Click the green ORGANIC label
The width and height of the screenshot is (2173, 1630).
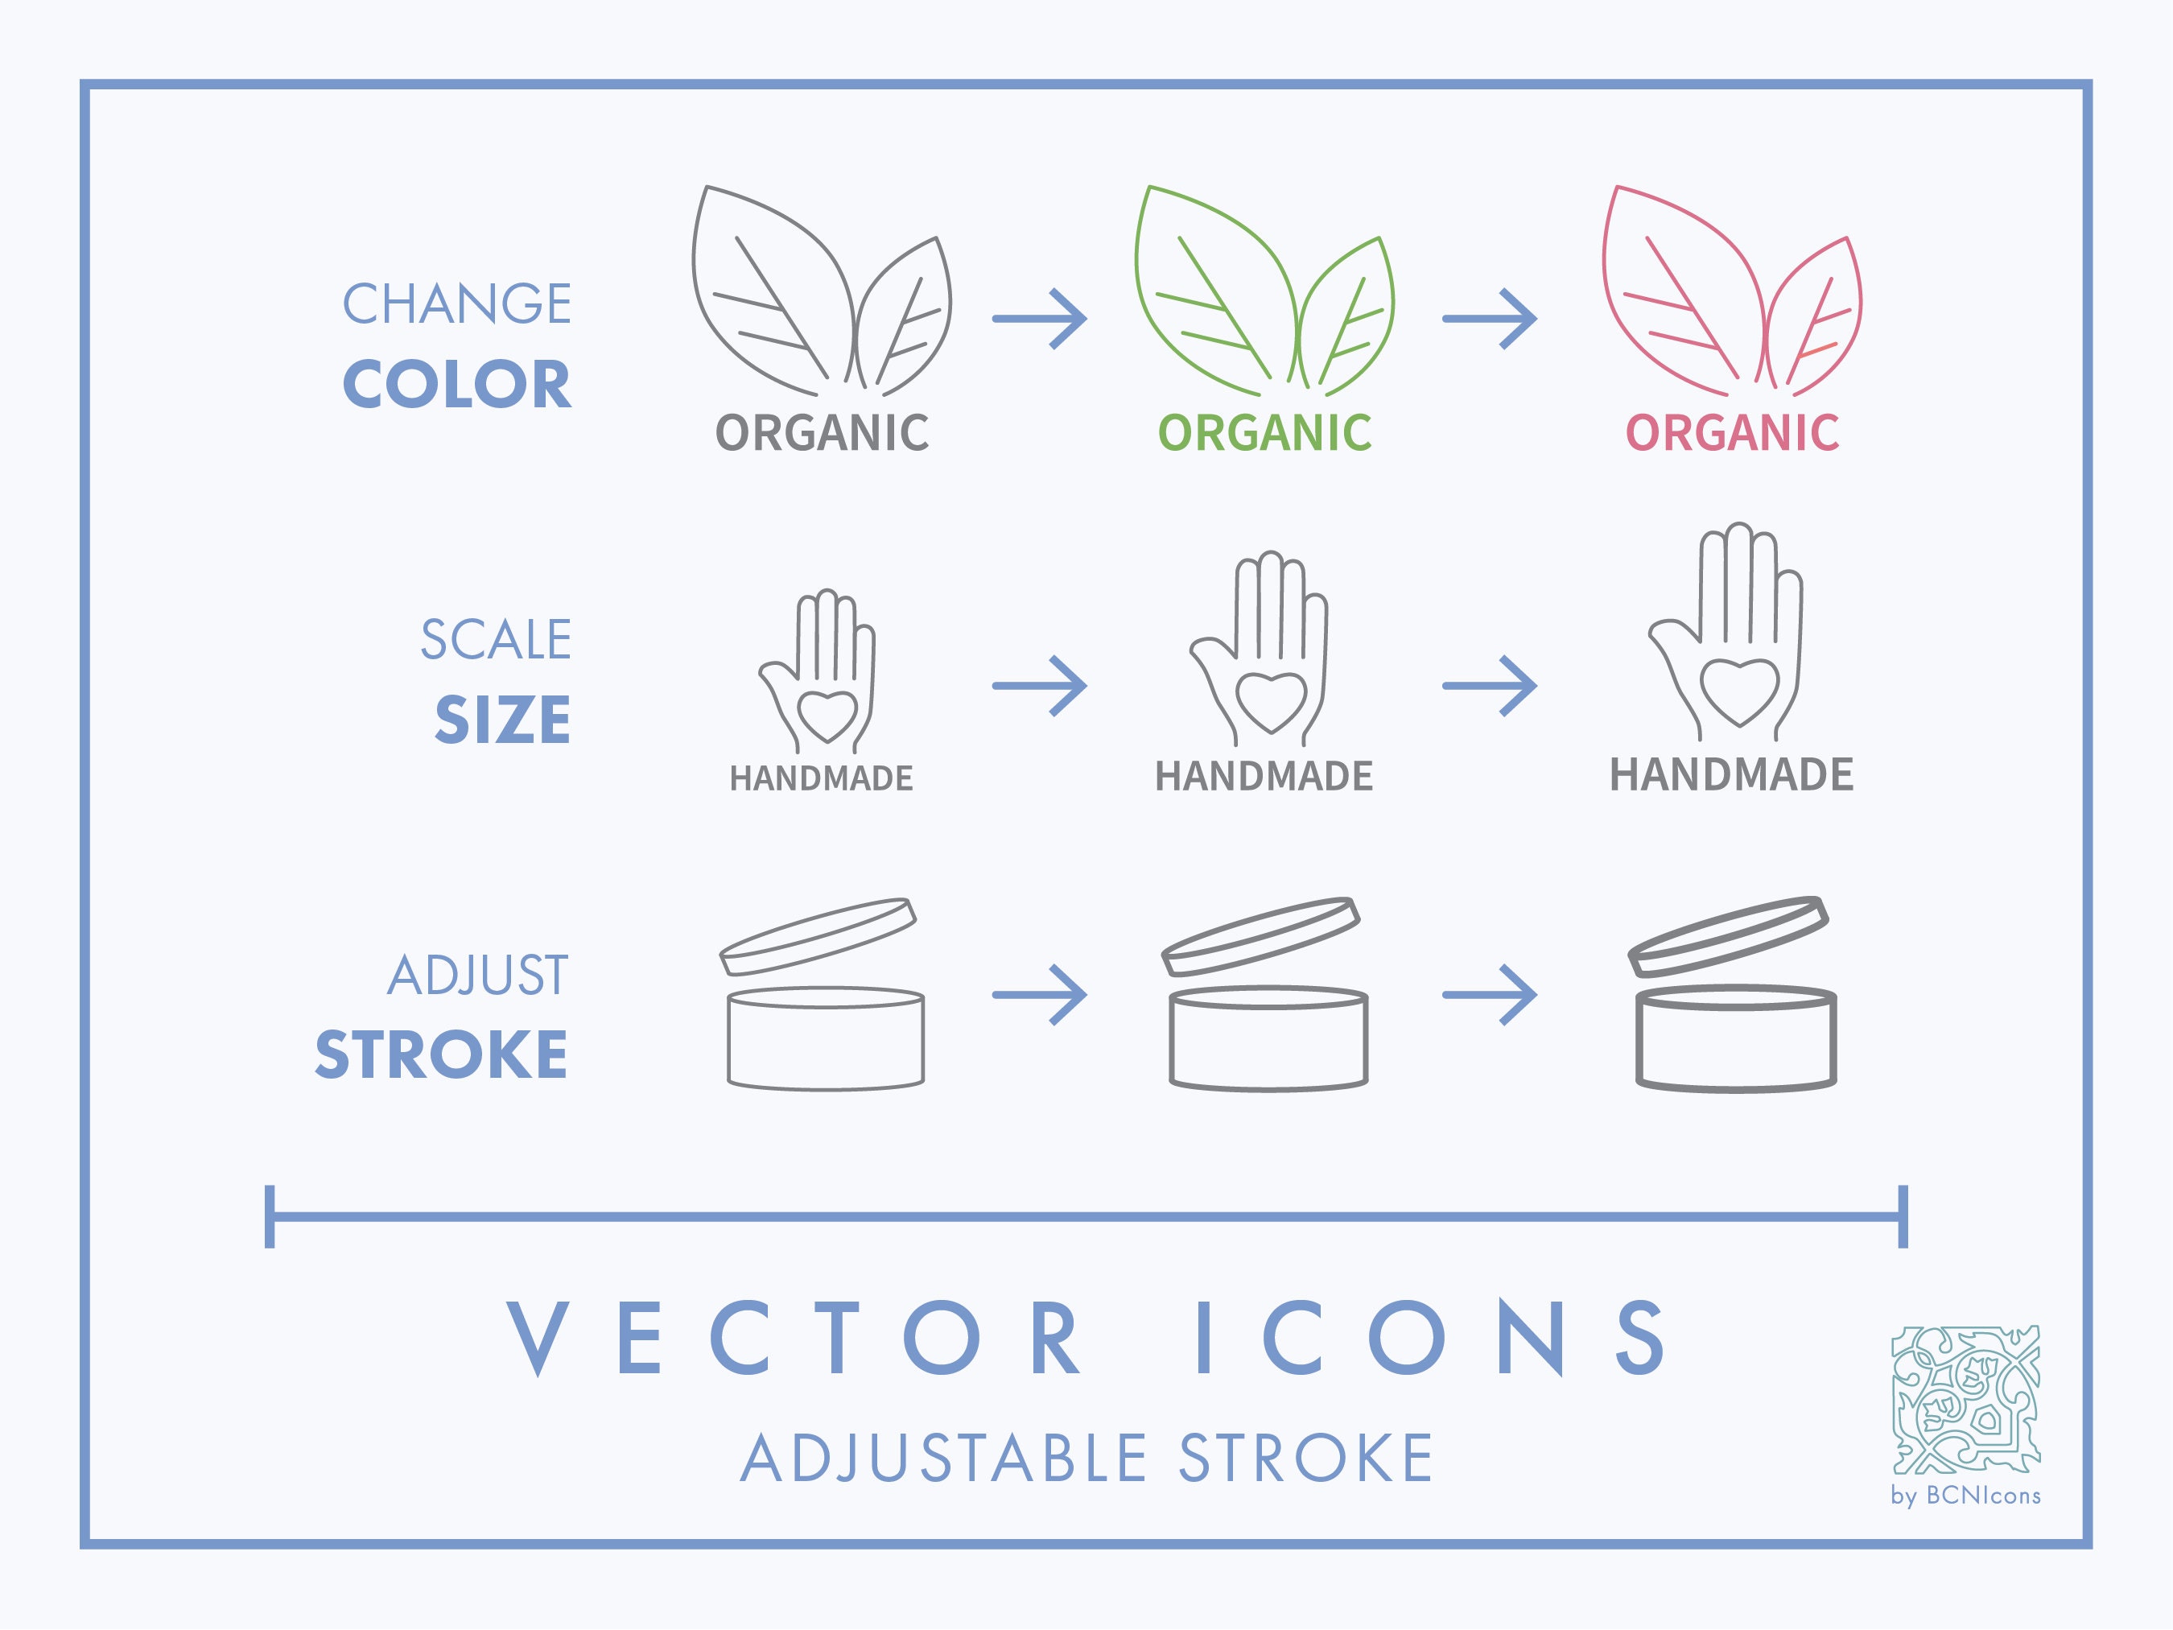(1264, 433)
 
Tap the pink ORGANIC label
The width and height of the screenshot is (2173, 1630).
(1732, 433)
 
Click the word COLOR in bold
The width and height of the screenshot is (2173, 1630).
(457, 384)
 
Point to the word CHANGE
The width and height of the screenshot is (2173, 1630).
(457, 303)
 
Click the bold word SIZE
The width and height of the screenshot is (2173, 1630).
(502, 719)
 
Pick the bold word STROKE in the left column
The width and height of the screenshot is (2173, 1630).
(441, 1055)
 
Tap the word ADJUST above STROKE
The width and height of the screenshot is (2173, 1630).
(477, 976)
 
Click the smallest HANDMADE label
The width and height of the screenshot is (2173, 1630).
(821, 779)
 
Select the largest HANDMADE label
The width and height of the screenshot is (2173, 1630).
(1731, 775)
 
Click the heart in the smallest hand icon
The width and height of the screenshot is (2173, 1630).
(827, 714)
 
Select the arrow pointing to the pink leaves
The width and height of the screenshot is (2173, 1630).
(1489, 318)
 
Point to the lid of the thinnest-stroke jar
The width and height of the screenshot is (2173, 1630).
(818, 935)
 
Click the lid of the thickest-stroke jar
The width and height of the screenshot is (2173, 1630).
(1728, 935)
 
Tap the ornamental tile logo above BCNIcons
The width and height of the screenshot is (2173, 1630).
(1965, 1400)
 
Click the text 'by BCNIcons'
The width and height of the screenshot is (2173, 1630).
(1965, 1496)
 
